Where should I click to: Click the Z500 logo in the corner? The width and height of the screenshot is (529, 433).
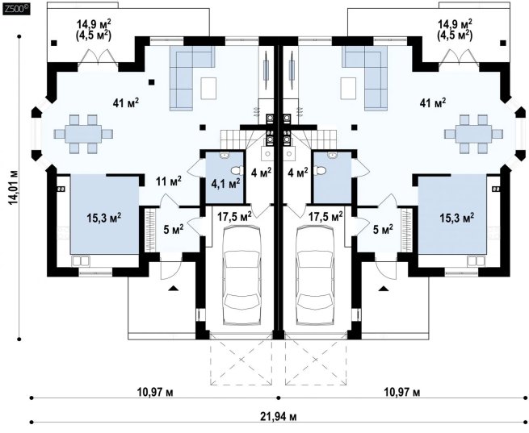pos(16,10)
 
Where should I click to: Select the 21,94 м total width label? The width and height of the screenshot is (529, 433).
pos(279,417)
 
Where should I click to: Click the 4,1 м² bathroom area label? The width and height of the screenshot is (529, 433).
pos(225,184)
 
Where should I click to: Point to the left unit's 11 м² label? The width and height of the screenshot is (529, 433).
pos(168,181)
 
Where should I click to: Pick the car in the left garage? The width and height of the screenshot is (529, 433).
pos(242,276)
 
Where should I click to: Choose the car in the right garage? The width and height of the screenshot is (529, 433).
pos(315,276)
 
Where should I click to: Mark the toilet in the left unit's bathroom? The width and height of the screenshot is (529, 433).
pos(238,171)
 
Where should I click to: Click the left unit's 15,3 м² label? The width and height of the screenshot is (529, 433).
pos(104,218)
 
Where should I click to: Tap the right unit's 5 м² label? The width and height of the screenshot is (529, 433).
pos(383,229)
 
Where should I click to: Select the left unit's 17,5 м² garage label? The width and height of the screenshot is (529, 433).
pos(234,216)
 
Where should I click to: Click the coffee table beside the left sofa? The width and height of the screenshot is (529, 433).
pos(208,88)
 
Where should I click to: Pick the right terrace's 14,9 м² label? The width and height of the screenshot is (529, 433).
pos(455,23)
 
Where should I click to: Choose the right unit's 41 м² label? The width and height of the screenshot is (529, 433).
pos(433,102)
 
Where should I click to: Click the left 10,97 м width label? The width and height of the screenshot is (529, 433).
pos(155,392)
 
